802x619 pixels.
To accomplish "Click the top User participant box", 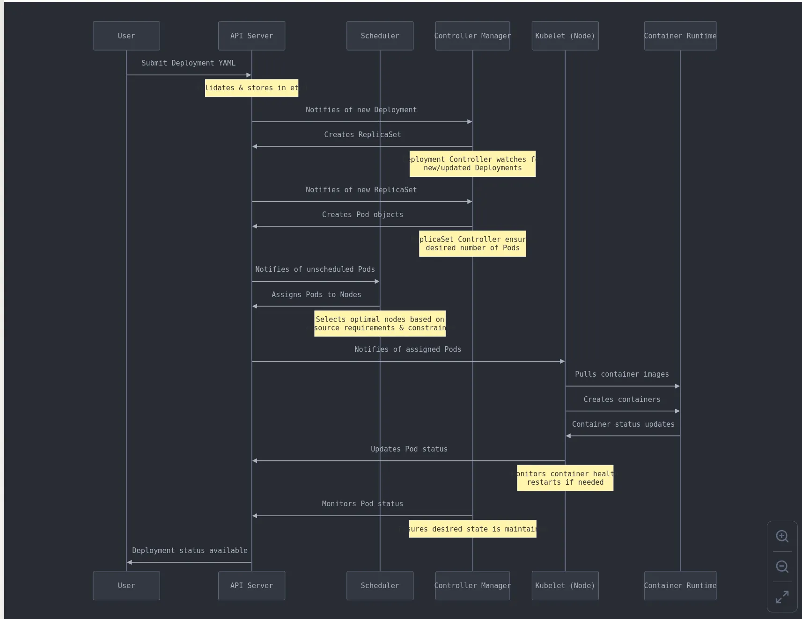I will click(x=126, y=36).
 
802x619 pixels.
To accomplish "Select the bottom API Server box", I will click(x=251, y=585).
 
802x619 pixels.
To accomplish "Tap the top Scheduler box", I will click(x=380, y=36).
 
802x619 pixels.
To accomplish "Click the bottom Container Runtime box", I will click(x=680, y=585).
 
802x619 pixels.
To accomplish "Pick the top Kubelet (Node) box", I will click(x=565, y=36).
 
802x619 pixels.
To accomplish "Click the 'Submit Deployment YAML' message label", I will click(x=188, y=63).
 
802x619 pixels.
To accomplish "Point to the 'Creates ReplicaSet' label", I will click(x=362, y=134).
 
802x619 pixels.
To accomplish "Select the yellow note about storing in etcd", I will click(x=251, y=88).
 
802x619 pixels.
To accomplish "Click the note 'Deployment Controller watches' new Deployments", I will click(x=472, y=164).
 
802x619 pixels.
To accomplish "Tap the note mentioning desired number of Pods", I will click(x=472, y=244).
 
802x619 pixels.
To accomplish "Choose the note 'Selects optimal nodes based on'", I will click(x=380, y=324).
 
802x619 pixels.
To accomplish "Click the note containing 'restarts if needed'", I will click(x=565, y=478).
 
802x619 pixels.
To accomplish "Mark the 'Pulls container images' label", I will click(x=622, y=374).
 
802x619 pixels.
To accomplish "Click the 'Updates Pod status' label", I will click(x=409, y=449).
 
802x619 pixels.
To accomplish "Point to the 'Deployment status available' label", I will click(x=190, y=550).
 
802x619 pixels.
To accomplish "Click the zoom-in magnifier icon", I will click(x=782, y=536).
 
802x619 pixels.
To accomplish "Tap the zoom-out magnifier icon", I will click(x=782, y=567).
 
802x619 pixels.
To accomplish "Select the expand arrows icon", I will click(x=782, y=597).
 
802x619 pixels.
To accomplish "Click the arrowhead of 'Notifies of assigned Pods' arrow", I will click(x=562, y=361).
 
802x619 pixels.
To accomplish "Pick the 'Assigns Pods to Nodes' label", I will click(x=316, y=294).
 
